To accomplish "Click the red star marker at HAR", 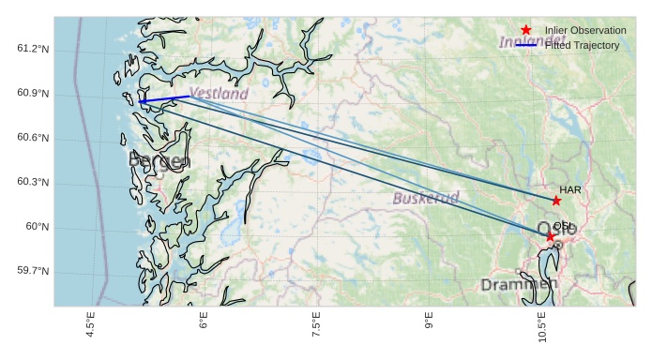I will point(556,201).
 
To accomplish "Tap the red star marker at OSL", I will point(551,235).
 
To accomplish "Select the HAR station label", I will point(570,189).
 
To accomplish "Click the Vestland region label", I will point(219,94).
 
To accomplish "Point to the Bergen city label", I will point(159,161).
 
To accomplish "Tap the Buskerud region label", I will point(425,198).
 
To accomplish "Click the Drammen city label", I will point(518,283).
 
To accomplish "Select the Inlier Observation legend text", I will point(585,31).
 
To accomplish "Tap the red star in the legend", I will point(526,31).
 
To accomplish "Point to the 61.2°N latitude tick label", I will point(33,49).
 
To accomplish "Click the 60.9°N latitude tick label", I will point(33,94).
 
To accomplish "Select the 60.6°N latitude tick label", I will point(33,138).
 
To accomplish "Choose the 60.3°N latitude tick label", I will point(33,182).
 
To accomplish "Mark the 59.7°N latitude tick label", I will point(33,271).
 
